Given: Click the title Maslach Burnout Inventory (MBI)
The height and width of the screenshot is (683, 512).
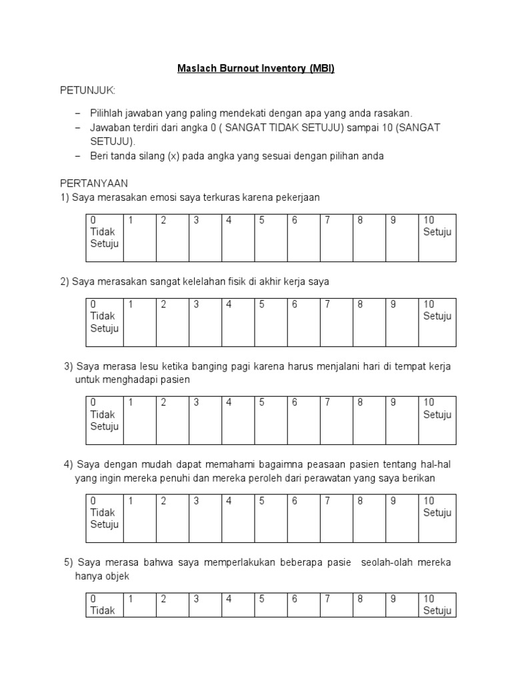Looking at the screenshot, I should pyautogui.click(x=256, y=68).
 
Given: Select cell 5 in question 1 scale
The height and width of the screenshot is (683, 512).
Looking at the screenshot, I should pyautogui.click(x=271, y=237).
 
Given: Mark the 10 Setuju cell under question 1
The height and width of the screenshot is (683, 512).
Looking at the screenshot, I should pyautogui.click(x=437, y=237).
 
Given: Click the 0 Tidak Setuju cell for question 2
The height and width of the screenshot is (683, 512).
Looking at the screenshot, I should pyautogui.click(x=104, y=322).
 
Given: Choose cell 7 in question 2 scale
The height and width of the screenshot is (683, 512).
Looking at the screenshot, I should pyautogui.click(x=336, y=322).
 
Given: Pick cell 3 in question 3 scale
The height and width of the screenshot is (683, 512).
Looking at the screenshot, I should pyautogui.click(x=205, y=420).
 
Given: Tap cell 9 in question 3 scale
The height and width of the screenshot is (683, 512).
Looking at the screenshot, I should pyautogui.click(x=401, y=420).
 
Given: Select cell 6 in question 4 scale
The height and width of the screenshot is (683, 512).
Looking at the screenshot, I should pyautogui.click(x=303, y=518).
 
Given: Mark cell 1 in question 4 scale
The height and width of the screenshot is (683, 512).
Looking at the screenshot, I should pyautogui.click(x=140, y=518).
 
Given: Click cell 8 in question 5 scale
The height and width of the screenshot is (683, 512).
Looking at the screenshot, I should pyautogui.click(x=369, y=604).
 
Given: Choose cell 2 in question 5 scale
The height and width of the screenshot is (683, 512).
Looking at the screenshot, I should pyautogui.click(x=173, y=604).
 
